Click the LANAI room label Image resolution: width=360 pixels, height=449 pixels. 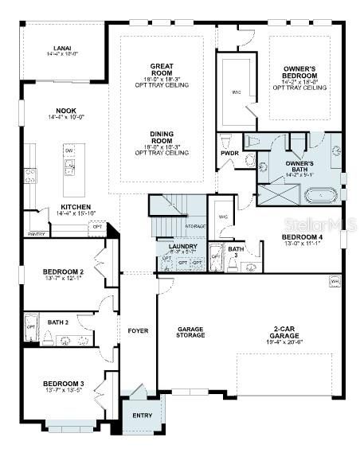[63, 49]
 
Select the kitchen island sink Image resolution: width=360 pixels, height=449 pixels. [70, 167]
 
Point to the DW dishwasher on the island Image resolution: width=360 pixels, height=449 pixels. [69, 150]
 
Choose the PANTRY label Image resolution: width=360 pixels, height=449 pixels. [36, 235]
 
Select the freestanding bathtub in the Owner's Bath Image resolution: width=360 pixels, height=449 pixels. [322, 193]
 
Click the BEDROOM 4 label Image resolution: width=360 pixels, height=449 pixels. [301, 236]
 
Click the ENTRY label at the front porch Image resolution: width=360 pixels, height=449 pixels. [143, 415]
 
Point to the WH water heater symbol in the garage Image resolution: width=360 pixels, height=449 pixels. [334, 281]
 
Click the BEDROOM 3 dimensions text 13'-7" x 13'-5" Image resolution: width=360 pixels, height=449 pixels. [63, 391]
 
